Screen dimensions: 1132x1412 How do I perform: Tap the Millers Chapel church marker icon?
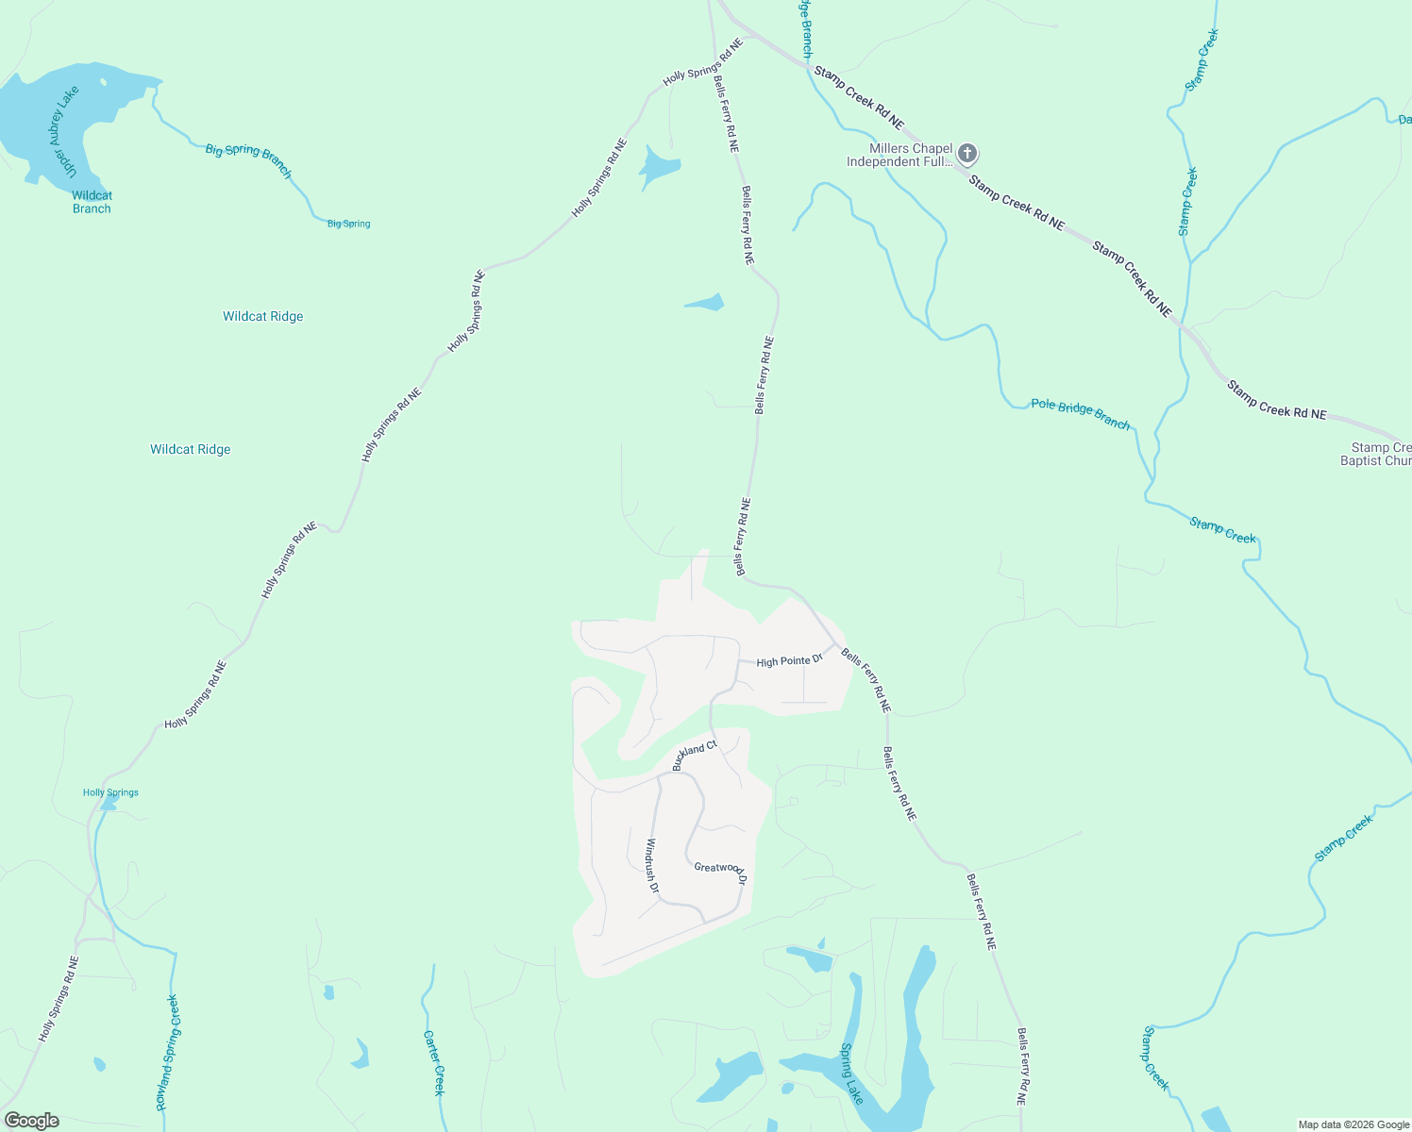pyautogui.click(x=967, y=154)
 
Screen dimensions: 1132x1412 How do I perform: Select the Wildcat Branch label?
pyautogui.click(x=92, y=202)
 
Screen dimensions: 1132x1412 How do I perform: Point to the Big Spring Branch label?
pyautogui.click(x=248, y=159)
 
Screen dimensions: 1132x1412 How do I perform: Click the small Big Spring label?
pyautogui.click(x=348, y=224)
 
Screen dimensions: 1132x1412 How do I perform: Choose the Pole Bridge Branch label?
pyautogui.click(x=1080, y=414)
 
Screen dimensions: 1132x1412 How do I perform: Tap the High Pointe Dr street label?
pyautogui.click(x=789, y=661)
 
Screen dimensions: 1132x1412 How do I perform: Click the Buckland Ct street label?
pyautogui.click(x=695, y=755)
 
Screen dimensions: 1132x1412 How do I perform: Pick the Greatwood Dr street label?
pyautogui.click(x=720, y=871)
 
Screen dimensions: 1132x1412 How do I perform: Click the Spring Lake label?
pyautogui.click(x=851, y=1074)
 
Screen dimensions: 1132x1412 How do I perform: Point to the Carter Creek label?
pyautogui.click(x=433, y=1062)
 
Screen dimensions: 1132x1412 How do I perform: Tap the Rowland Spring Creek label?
pyautogui.click(x=167, y=1052)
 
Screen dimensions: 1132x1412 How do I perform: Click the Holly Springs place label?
pyautogui.click(x=110, y=792)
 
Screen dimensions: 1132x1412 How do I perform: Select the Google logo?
pyautogui.click(x=32, y=1121)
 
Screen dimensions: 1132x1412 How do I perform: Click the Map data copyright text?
pyautogui.click(x=1353, y=1124)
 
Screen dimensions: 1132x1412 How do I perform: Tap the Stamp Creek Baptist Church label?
pyautogui.click(x=1377, y=454)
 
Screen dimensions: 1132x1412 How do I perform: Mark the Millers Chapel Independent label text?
pyautogui.click(x=899, y=155)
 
